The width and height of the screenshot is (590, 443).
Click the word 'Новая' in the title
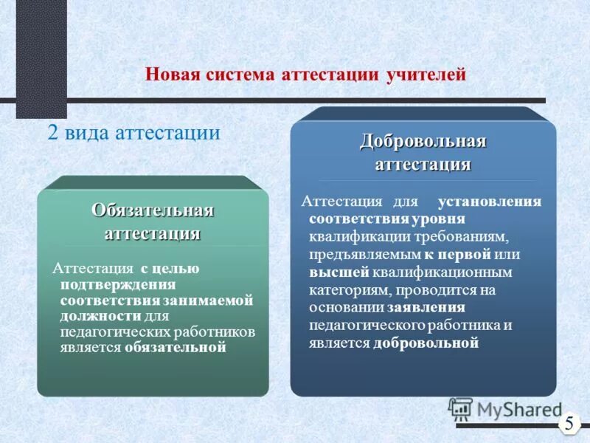point(168,75)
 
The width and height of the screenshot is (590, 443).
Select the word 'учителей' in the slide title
point(426,75)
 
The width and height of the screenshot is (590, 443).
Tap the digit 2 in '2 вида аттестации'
point(53,133)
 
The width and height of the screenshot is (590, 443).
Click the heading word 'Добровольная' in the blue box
point(423,141)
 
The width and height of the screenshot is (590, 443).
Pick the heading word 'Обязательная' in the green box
point(153,210)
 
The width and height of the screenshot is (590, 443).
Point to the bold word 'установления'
point(490,202)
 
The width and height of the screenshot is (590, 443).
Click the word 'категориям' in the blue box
point(348,290)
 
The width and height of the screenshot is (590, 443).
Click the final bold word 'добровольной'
point(426,343)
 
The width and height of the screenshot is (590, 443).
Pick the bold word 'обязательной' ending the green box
point(175,348)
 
